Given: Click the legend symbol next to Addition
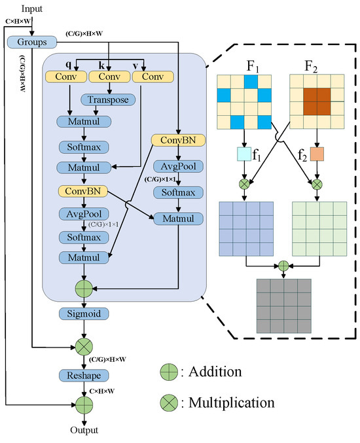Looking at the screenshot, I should pos(169,372).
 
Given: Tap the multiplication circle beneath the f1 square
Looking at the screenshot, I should pos(243,185).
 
